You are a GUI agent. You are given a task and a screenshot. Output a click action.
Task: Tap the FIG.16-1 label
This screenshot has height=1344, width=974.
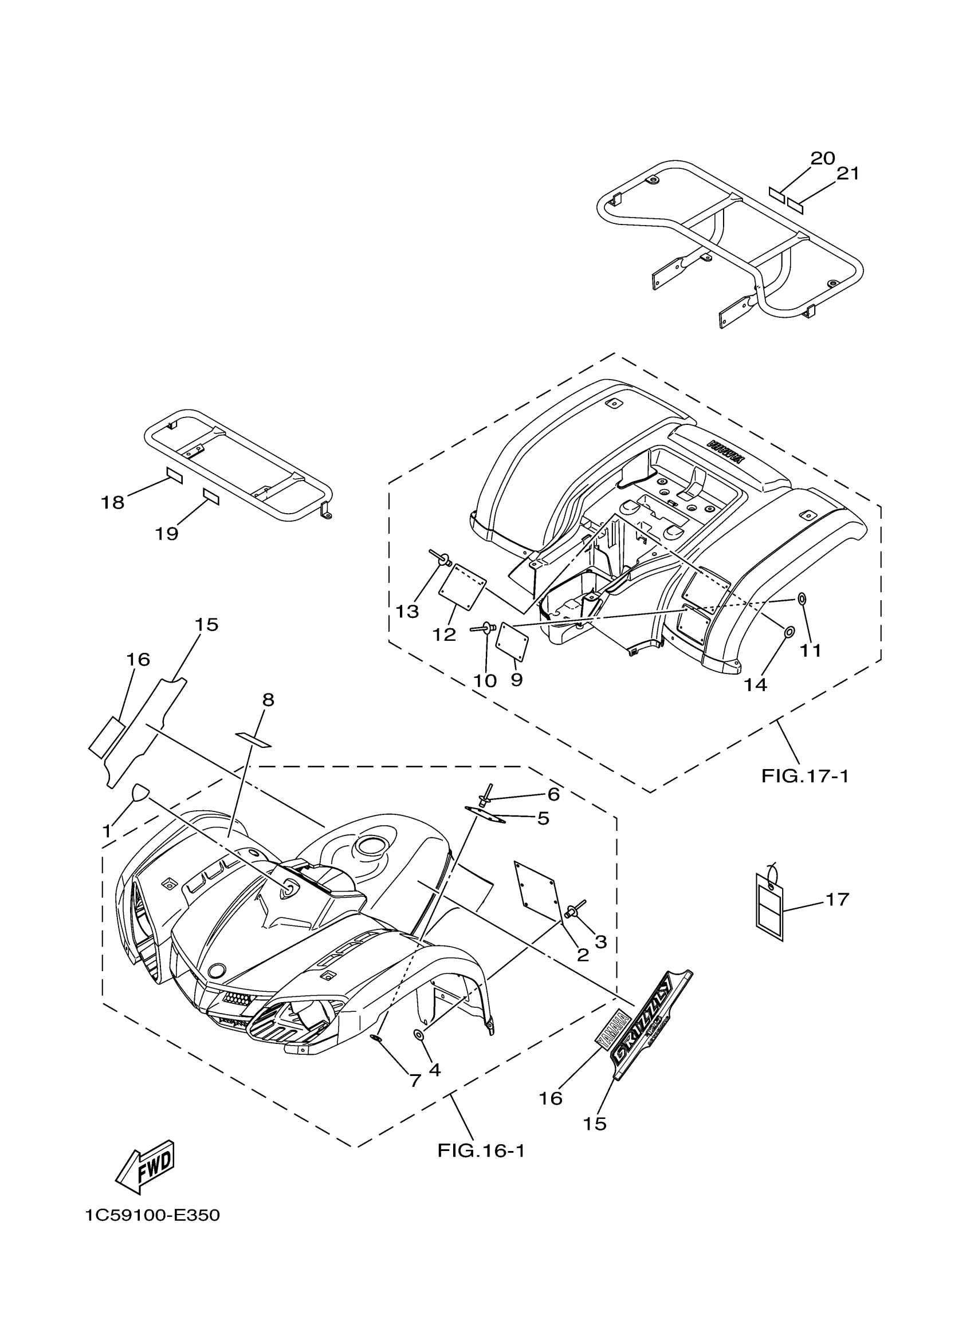tap(481, 1151)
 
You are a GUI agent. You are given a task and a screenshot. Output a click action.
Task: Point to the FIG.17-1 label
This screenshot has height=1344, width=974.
tap(805, 776)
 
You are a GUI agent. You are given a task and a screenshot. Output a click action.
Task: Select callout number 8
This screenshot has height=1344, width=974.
tap(268, 700)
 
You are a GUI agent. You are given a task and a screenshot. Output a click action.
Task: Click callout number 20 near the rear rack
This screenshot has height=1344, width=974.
tap(822, 158)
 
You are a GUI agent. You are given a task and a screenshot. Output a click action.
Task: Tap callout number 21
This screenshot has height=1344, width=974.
tap(848, 174)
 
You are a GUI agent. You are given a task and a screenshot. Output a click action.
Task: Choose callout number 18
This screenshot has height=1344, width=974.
tap(113, 503)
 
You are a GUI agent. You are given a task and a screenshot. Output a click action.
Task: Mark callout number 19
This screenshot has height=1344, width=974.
tap(167, 534)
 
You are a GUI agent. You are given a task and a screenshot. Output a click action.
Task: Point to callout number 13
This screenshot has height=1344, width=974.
tap(407, 612)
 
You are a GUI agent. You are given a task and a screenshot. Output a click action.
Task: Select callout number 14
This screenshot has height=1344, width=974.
tap(756, 685)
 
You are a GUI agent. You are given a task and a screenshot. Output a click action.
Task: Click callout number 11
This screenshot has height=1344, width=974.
tap(811, 650)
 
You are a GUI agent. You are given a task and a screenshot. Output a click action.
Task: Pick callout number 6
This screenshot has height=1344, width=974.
tap(553, 794)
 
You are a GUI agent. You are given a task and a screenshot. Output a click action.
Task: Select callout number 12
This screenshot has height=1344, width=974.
tap(444, 634)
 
